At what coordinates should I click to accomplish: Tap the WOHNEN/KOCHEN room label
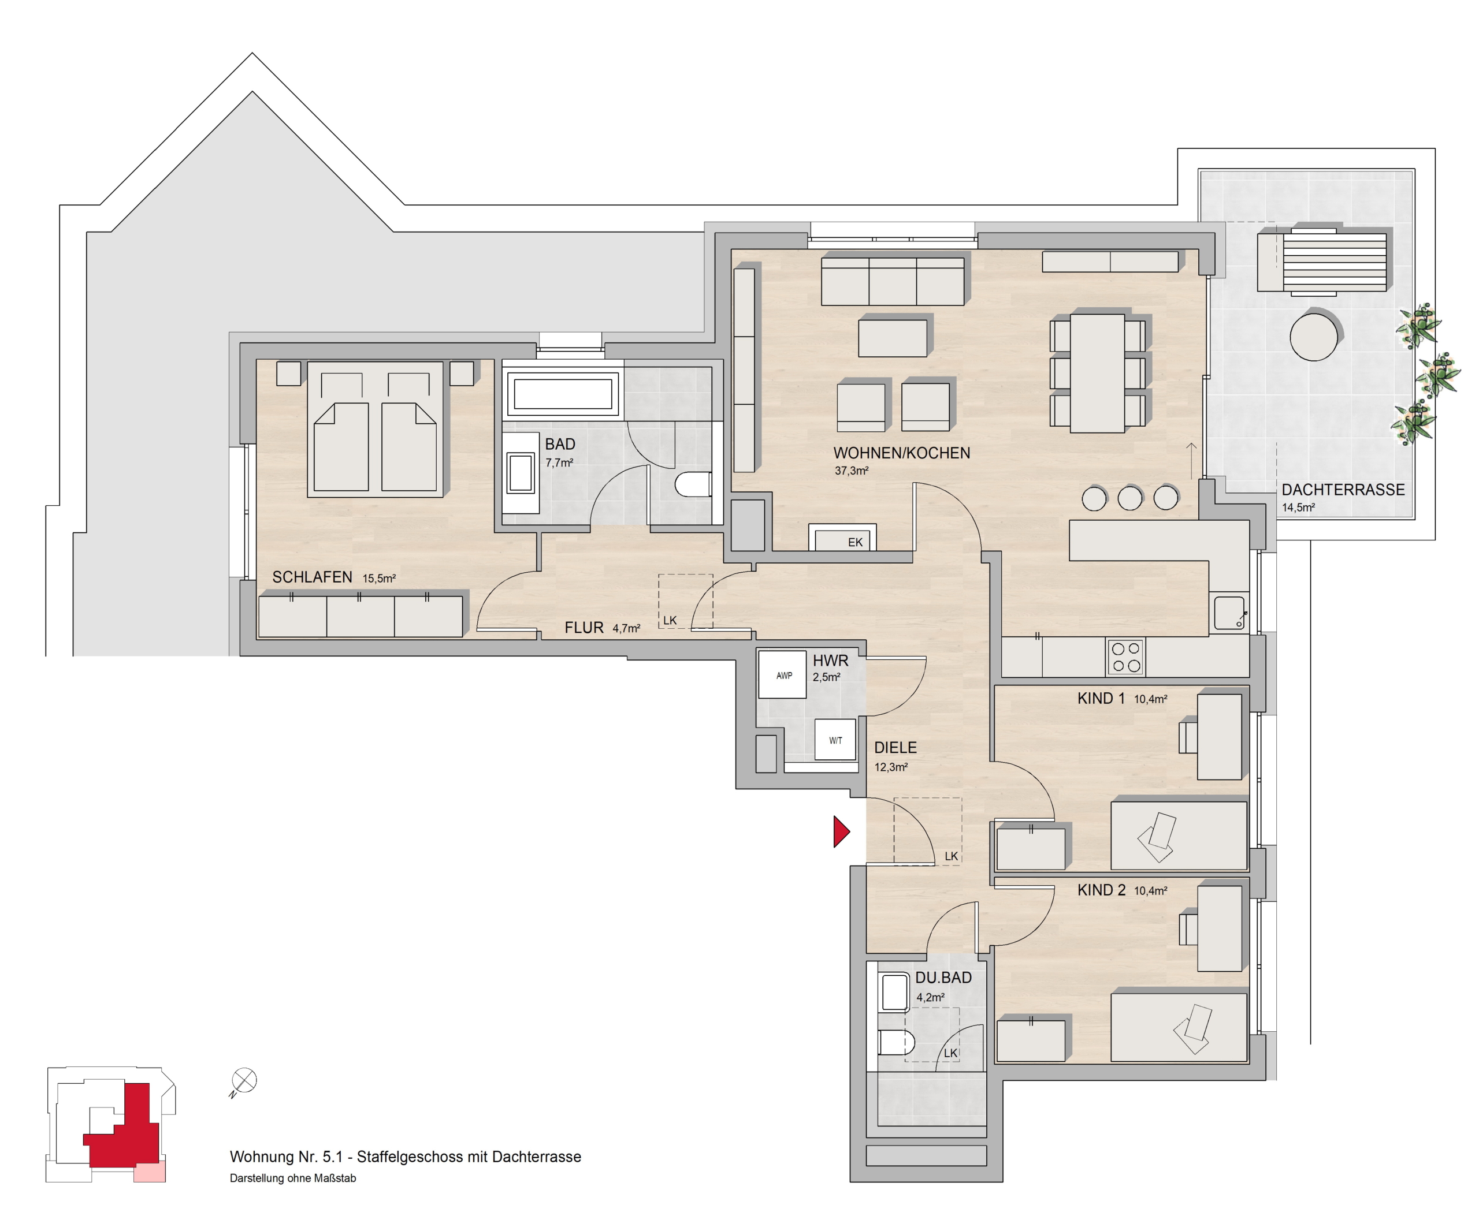point(901,453)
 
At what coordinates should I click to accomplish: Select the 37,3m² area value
point(852,471)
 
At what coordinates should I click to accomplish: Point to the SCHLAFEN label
point(312,577)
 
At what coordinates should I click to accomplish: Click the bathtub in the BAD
point(563,395)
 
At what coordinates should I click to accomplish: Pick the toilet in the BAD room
point(693,484)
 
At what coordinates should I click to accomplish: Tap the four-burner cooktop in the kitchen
point(1125,656)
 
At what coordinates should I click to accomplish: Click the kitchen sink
point(1229,613)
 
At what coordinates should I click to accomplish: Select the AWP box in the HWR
point(782,674)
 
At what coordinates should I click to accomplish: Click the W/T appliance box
point(835,740)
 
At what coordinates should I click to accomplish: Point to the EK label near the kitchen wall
point(855,543)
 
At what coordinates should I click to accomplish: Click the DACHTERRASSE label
point(1343,490)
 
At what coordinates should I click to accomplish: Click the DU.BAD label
point(943,978)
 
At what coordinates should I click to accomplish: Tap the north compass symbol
point(244,1080)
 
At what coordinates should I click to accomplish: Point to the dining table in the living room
point(1097,373)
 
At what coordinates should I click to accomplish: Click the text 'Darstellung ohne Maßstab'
point(293,1178)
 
